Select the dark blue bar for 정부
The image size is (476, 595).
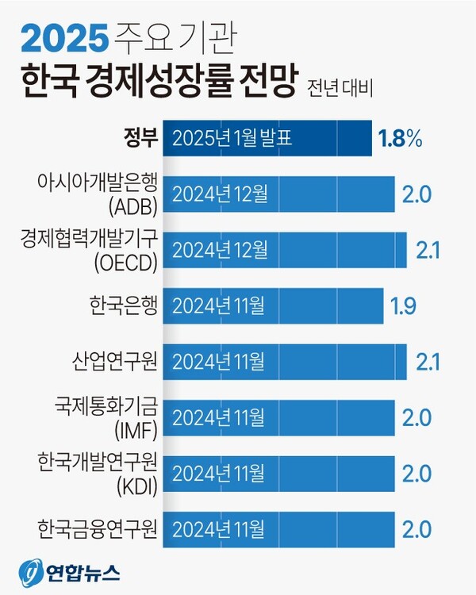[267, 138]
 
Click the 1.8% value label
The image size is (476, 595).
[398, 139]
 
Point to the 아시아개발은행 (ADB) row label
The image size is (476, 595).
[98, 194]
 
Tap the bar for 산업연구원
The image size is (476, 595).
[285, 361]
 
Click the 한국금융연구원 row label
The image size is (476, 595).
[98, 528]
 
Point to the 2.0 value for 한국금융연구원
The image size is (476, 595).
[417, 528]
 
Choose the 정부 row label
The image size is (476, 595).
[140, 139]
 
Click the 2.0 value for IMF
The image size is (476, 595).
[417, 417]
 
